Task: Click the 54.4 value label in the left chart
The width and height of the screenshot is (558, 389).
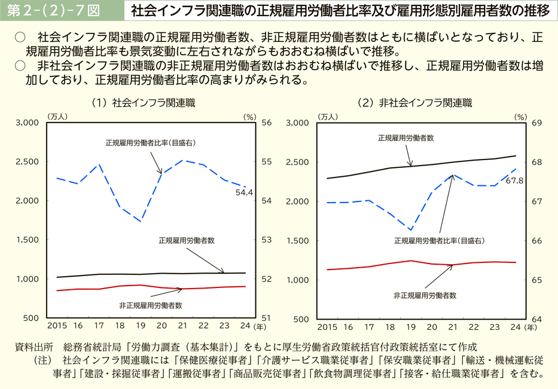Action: click(245, 192)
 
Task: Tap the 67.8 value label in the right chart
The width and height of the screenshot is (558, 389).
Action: click(514, 180)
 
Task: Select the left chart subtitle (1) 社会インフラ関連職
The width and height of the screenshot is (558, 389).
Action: click(144, 103)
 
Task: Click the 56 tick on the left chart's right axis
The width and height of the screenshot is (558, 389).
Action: click(267, 122)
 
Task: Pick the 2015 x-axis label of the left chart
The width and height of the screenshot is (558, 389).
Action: click(57, 326)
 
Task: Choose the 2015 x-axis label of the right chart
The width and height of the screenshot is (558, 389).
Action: click(328, 327)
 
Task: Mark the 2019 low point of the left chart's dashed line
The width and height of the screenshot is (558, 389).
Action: click(141, 222)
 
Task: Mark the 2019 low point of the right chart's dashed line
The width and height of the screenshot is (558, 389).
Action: click(411, 230)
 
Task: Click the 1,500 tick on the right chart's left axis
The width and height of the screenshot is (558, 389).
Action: click(298, 240)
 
